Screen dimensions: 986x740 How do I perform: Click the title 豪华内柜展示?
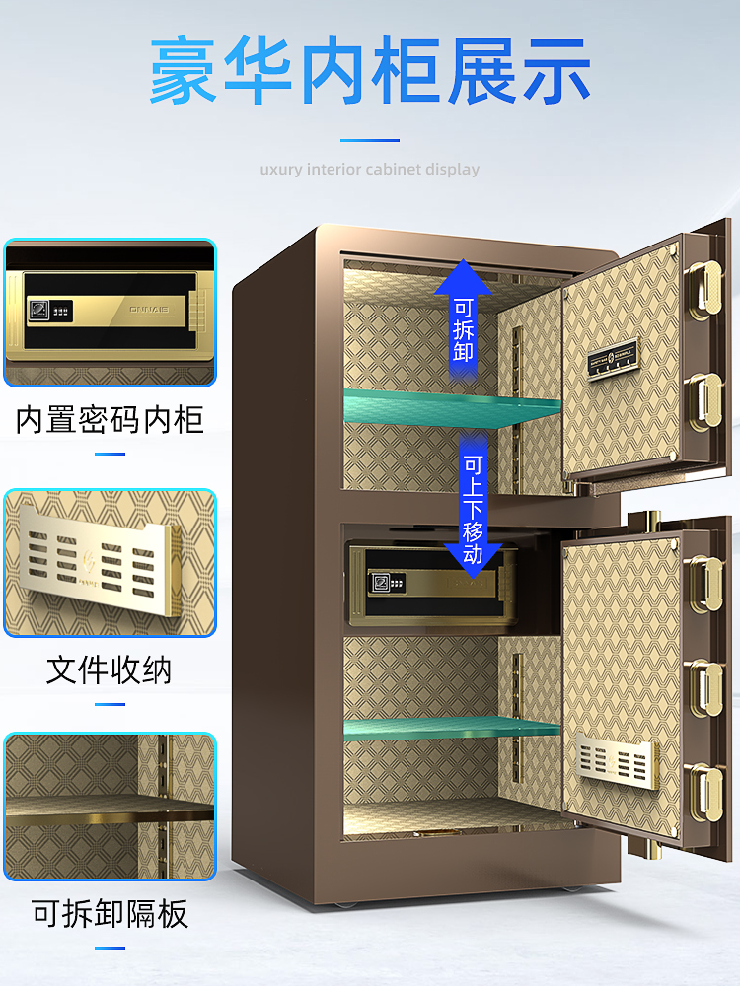(370, 72)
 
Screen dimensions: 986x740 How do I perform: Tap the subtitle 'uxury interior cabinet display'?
(370, 169)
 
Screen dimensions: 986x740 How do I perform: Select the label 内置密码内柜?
(110, 420)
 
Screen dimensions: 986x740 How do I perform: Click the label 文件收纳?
(110, 670)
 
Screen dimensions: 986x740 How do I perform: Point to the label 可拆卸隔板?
(110, 914)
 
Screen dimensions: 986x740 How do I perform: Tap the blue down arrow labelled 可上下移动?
(474, 508)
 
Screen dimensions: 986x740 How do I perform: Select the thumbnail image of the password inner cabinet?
(110, 313)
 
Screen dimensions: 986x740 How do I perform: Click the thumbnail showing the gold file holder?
(110, 563)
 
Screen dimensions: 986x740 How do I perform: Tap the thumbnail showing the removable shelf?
(110, 806)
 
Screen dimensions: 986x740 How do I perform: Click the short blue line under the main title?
(370, 140)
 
